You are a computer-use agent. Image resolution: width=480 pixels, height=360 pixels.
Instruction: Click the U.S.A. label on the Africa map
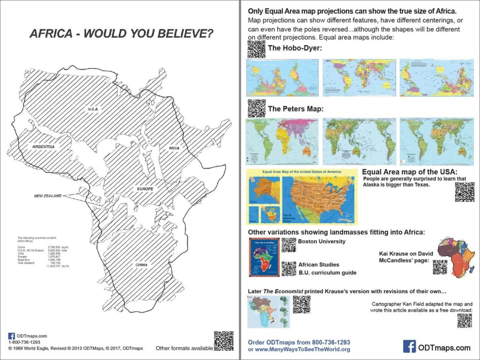click(x=93, y=109)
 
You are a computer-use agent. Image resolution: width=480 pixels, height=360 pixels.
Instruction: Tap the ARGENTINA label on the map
click(x=43, y=147)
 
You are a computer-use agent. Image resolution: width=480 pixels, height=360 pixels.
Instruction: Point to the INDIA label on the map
click(x=174, y=148)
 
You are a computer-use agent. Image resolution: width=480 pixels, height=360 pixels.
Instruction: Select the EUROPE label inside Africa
click(x=145, y=189)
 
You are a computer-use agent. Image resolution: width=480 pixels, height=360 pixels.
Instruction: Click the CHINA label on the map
click(x=141, y=265)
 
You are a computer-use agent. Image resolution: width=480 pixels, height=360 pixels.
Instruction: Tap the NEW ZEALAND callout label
click(x=48, y=196)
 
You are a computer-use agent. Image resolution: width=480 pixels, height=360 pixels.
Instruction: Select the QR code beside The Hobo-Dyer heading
click(x=256, y=49)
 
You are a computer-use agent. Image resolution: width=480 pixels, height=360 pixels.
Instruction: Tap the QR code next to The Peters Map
click(x=256, y=109)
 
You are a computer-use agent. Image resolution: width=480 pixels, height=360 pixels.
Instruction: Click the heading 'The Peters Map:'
click(x=296, y=109)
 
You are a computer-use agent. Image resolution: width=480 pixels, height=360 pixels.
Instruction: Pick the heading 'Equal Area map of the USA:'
click(x=410, y=172)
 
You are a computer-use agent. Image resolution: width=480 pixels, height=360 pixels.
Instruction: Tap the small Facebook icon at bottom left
click(x=11, y=336)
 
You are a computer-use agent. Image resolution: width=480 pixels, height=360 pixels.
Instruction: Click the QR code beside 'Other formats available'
click(x=223, y=341)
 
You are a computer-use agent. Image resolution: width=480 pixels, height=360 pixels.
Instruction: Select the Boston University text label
click(x=322, y=242)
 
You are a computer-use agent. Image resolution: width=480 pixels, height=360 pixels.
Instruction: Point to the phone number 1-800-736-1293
click(x=24, y=342)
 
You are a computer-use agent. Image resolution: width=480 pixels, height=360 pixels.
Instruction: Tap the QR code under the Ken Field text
click(x=464, y=321)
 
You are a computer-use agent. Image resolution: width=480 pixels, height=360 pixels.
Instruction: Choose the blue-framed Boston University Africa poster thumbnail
click(x=264, y=257)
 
